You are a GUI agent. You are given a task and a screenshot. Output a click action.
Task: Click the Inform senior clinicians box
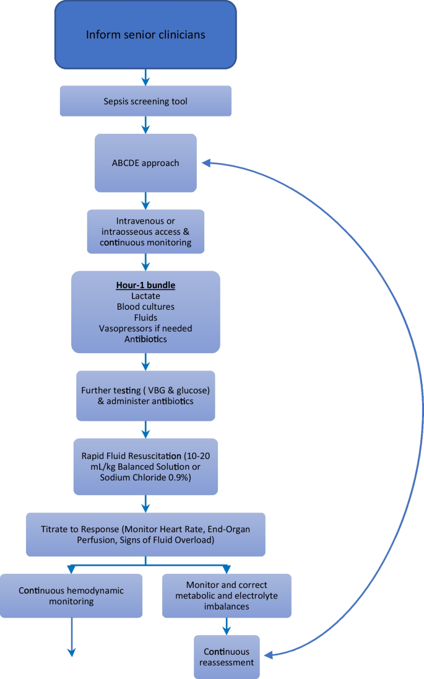(x=145, y=34)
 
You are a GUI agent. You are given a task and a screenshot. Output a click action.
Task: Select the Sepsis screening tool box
(x=145, y=101)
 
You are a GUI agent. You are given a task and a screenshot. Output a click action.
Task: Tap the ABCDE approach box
(x=145, y=163)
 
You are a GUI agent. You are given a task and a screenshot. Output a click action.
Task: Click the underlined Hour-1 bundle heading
(x=146, y=286)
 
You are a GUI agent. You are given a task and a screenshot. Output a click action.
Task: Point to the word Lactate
(x=146, y=296)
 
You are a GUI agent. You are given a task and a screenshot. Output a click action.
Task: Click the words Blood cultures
(x=146, y=307)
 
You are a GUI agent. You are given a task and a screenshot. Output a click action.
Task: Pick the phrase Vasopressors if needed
(x=146, y=328)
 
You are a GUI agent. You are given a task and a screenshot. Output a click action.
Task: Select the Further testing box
(x=145, y=396)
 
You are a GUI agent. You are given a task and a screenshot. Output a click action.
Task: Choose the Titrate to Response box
(x=145, y=534)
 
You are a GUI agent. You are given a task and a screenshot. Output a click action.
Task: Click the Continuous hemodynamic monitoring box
(x=71, y=595)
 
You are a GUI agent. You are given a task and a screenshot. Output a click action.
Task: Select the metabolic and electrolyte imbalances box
(x=227, y=595)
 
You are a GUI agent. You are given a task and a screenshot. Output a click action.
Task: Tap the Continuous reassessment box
(x=227, y=657)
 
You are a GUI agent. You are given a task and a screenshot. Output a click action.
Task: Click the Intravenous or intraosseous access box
(x=145, y=232)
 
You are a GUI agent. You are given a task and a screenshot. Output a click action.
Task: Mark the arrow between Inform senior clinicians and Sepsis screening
(x=145, y=77)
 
